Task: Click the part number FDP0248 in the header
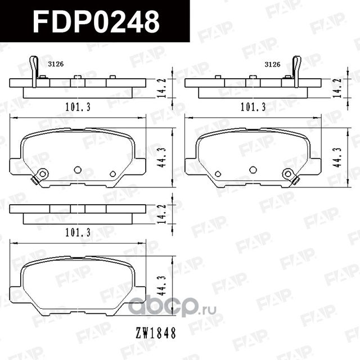(x=96, y=21)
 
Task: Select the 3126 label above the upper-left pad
(x=56, y=64)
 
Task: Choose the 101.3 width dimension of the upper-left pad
(x=78, y=105)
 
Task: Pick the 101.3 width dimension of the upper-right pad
(x=253, y=105)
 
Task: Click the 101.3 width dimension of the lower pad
(x=78, y=231)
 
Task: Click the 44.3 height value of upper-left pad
(x=163, y=157)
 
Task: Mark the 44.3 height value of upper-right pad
(x=337, y=157)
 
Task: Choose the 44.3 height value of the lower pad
(x=163, y=284)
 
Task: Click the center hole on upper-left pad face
(x=78, y=170)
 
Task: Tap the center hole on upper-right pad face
(x=253, y=170)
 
